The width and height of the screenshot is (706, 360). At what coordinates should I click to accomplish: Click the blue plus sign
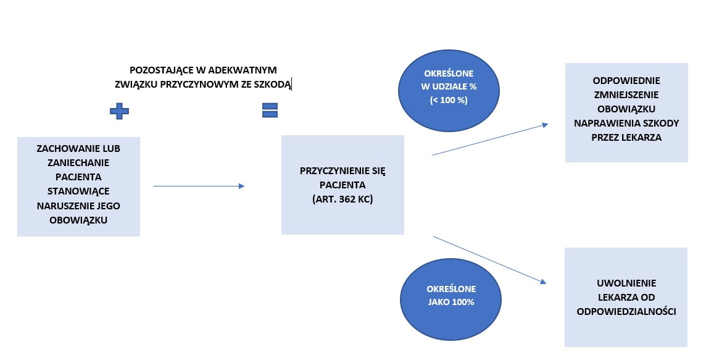point(119,111)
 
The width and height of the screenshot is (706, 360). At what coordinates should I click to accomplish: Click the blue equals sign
point(270,110)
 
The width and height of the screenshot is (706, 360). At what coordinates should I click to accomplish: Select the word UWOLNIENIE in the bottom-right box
point(626,283)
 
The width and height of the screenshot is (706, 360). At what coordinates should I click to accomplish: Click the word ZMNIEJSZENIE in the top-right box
point(626,94)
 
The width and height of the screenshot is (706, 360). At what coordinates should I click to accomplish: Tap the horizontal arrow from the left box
point(199,186)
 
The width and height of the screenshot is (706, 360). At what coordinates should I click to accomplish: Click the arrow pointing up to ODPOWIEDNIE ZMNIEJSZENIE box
point(490,140)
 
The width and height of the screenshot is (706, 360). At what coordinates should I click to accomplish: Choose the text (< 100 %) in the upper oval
point(449,99)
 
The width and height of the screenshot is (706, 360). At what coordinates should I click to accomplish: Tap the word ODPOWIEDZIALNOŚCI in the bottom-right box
point(626,311)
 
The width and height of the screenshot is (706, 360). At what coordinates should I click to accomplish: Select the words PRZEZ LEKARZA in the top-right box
point(626,137)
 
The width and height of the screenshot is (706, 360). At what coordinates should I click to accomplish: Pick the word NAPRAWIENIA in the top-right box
point(601,123)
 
